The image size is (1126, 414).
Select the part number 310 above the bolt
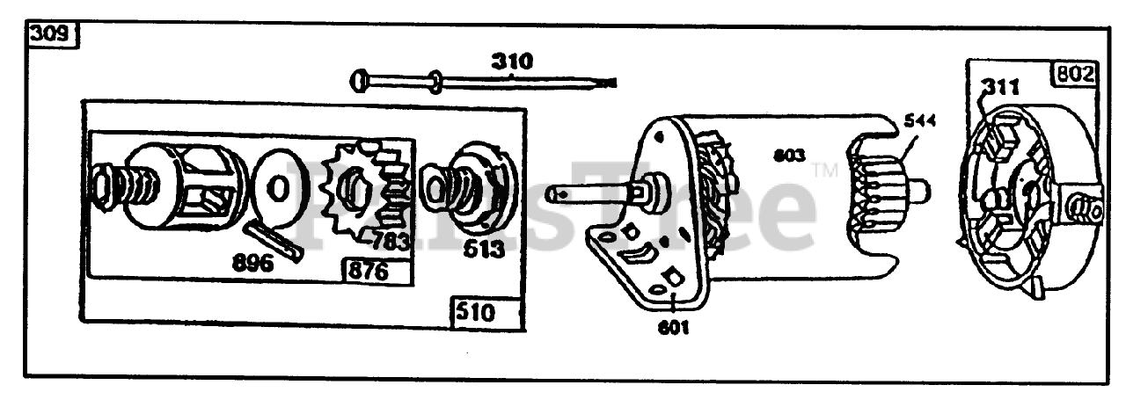512,62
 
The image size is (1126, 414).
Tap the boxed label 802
1075,74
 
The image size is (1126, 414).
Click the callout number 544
918,123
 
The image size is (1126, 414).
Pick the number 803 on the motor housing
789,156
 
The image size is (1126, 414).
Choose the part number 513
481,248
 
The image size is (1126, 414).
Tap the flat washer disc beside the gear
277,188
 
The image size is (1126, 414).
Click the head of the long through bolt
360,81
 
